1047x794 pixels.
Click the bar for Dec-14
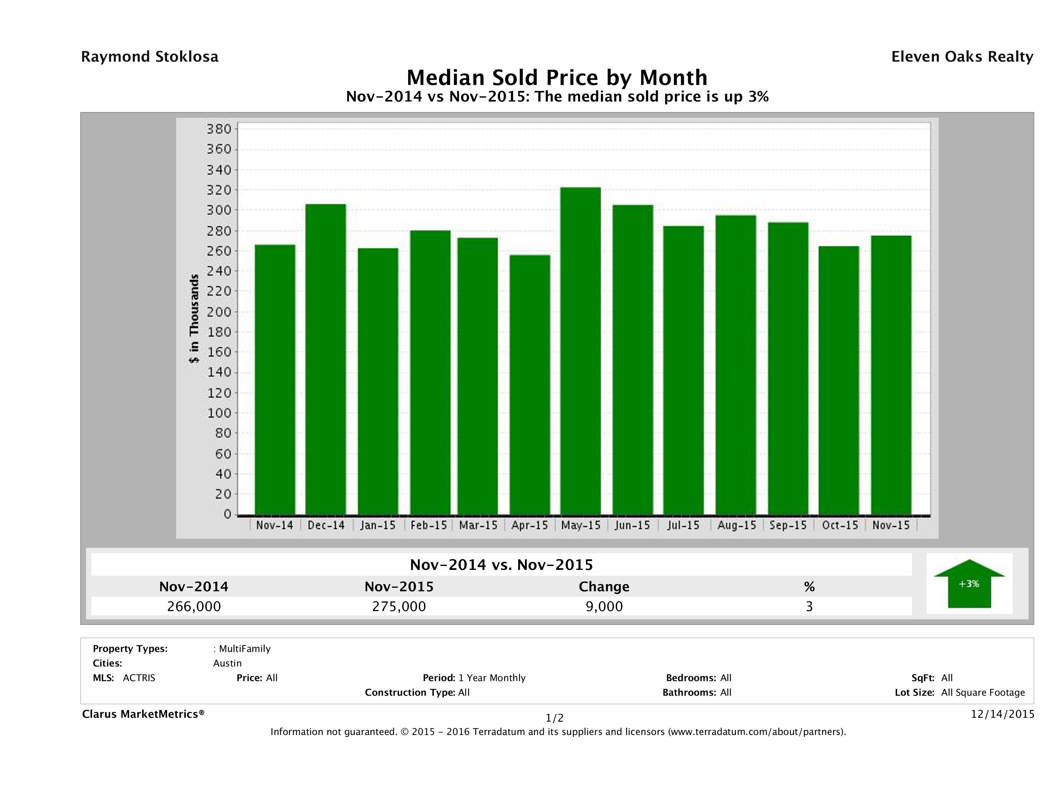pos(326,360)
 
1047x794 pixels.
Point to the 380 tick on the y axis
pos(219,129)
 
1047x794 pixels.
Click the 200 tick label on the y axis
pos(219,312)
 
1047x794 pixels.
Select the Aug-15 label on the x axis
pos(737,525)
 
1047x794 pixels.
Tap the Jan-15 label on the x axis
pos(378,525)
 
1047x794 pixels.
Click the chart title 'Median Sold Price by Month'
pos(557,78)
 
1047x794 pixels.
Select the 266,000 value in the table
pos(194,607)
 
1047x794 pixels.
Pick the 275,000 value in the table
pos(399,607)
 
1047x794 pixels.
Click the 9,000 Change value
pos(604,607)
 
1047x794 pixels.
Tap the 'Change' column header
pos(604,587)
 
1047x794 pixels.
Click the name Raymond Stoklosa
pos(150,57)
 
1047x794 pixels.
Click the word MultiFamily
pos(245,649)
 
